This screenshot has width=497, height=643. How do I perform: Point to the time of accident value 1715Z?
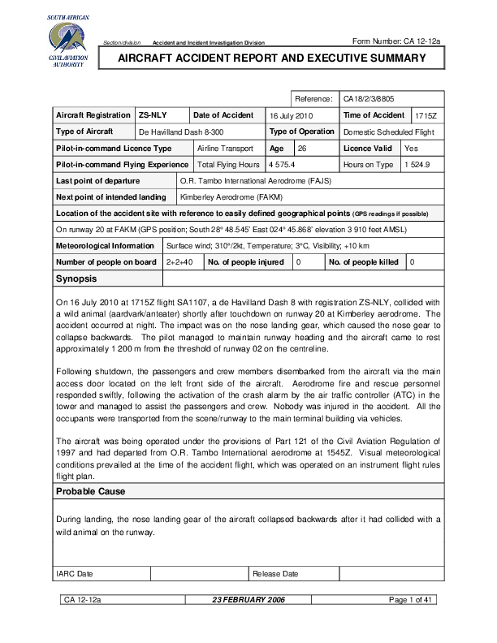coord(425,116)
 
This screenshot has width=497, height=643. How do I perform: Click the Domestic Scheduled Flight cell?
coord(389,132)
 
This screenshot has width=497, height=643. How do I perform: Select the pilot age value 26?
coord(301,149)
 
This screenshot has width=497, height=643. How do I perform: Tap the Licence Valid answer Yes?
coord(411,149)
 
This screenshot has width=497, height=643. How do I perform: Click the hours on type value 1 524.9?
coord(417,165)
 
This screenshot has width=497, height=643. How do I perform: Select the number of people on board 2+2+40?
coord(179,262)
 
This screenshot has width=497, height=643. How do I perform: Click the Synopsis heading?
coord(76,278)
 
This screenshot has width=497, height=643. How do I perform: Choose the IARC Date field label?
coord(74,574)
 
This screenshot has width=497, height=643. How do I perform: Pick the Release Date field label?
coord(275,574)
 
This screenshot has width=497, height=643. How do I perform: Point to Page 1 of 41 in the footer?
coord(414,600)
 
